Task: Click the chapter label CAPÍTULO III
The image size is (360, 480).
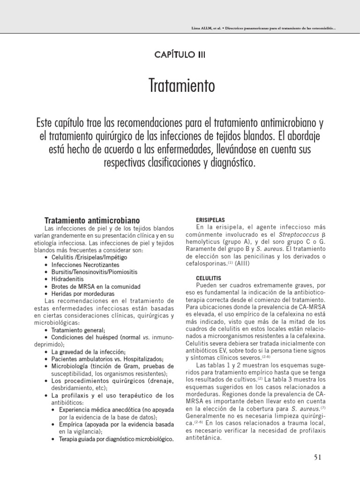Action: point(180,54)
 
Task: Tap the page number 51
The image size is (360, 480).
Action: point(317,458)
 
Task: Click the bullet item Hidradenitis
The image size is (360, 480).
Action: point(71,278)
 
